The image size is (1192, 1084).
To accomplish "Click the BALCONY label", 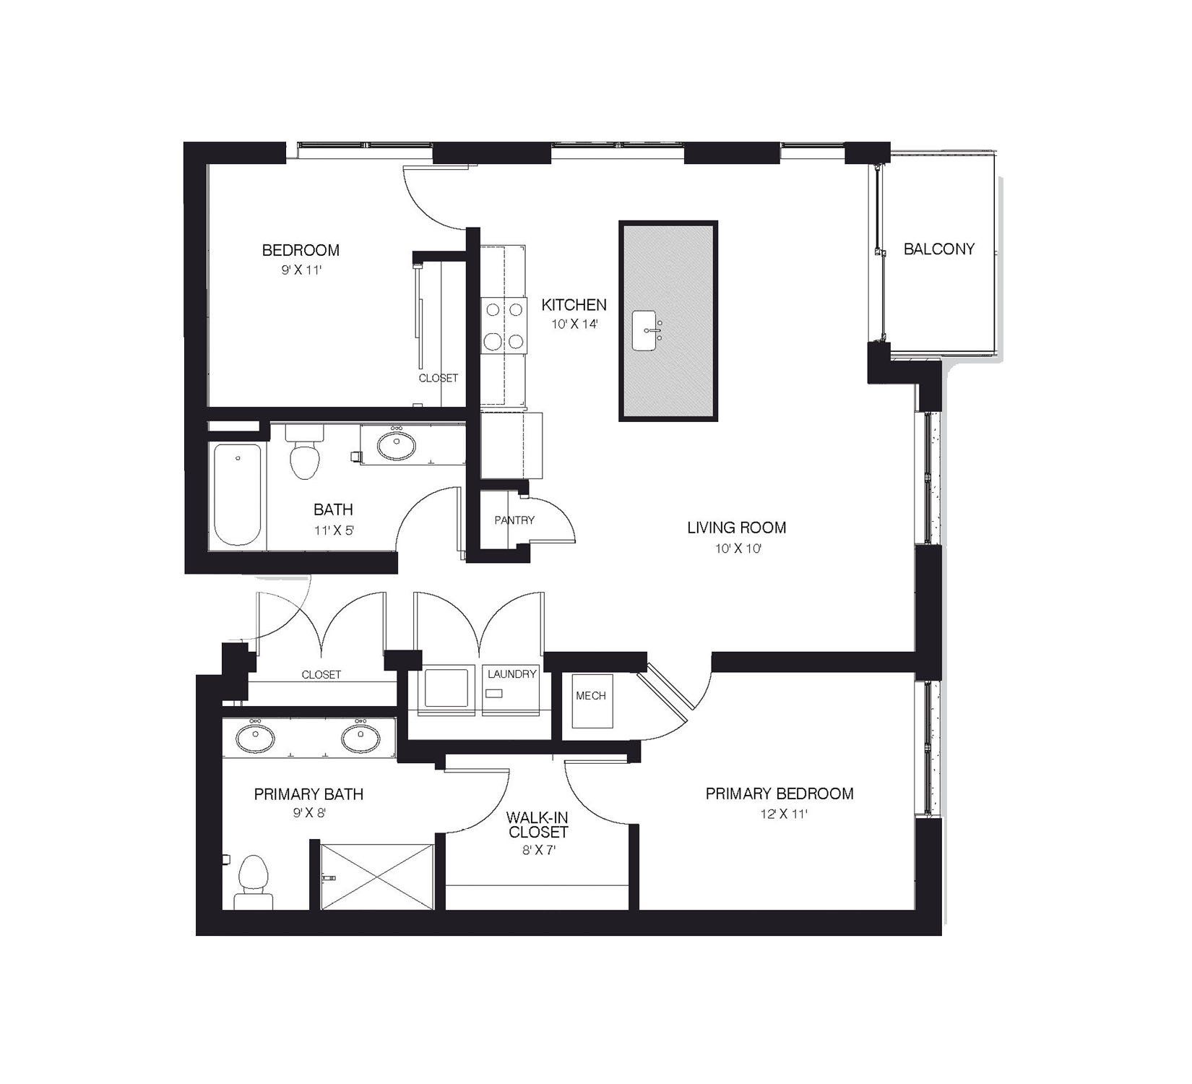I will tap(938, 249).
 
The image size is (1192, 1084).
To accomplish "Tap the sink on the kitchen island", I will tap(644, 330).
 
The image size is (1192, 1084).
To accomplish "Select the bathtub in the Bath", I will tap(238, 495).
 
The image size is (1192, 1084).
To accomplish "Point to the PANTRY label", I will tap(514, 520).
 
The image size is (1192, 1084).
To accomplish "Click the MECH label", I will tap(590, 695).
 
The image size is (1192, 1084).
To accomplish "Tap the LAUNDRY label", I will tap(511, 674).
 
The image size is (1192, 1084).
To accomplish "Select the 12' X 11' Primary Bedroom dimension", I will tap(779, 814).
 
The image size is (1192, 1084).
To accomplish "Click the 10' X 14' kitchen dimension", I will tap(574, 324).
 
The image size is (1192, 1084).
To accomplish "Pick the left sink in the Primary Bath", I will tap(255, 739).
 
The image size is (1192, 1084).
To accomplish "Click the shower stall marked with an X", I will tap(377, 876).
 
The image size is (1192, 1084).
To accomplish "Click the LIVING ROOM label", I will tap(736, 528).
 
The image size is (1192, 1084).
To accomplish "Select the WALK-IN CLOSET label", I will tap(537, 825).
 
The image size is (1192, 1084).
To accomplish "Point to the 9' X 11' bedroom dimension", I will tap(301, 270).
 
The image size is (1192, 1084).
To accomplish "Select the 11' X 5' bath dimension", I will tap(334, 530).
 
